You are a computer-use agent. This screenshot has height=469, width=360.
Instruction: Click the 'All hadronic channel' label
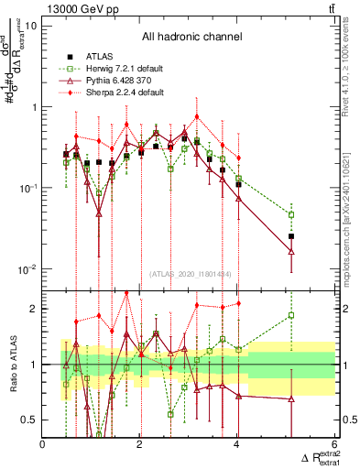[x=191, y=37]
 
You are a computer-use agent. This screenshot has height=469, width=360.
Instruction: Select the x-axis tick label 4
[x=236, y=445]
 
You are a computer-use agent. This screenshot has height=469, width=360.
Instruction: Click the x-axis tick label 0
[x=43, y=445]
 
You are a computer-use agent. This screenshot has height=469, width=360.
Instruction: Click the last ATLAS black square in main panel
[x=291, y=236]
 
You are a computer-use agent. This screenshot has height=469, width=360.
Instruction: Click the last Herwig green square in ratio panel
[x=291, y=315]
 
